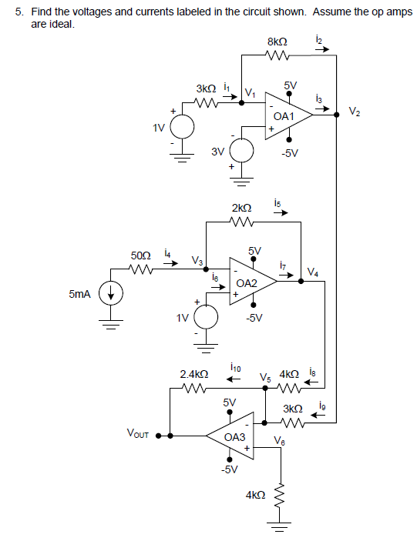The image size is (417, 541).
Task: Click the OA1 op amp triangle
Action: click(x=285, y=115)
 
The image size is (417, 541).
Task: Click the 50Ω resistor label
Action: click(x=140, y=254)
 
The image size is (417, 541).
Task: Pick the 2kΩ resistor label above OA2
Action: click(x=241, y=209)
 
